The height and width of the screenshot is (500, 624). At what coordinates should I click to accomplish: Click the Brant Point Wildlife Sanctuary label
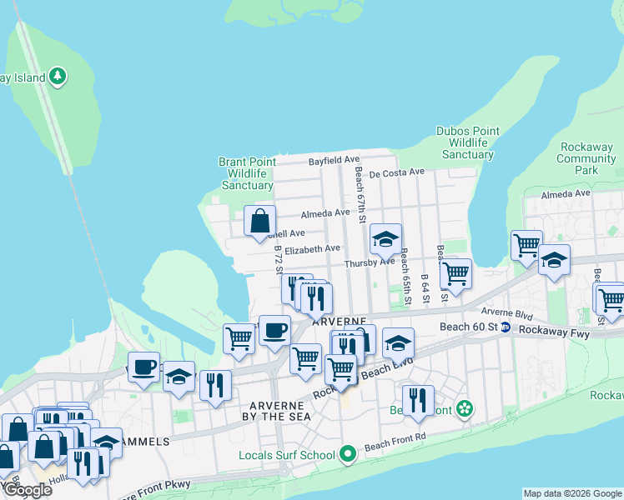245,173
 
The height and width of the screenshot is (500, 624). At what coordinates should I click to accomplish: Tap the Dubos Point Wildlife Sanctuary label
468,142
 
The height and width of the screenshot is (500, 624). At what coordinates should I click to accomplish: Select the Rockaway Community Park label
586,158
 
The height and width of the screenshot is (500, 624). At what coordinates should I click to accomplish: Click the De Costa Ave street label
397,172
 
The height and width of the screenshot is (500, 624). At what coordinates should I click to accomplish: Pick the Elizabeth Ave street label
312,249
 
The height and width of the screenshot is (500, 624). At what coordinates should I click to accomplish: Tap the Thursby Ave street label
370,262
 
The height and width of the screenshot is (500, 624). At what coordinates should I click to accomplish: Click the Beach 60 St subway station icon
506,328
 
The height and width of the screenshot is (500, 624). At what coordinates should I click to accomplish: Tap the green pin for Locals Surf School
348,454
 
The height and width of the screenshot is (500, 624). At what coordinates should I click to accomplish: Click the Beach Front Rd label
395,446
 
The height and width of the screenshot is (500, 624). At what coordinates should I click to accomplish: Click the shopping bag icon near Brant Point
260,222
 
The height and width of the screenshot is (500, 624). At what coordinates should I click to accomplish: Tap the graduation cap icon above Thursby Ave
385,240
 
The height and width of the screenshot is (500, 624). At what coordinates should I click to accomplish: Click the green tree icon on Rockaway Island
57,77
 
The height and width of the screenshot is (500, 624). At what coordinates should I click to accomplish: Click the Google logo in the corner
27,490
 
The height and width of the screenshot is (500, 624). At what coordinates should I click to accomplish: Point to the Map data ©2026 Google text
572,493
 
